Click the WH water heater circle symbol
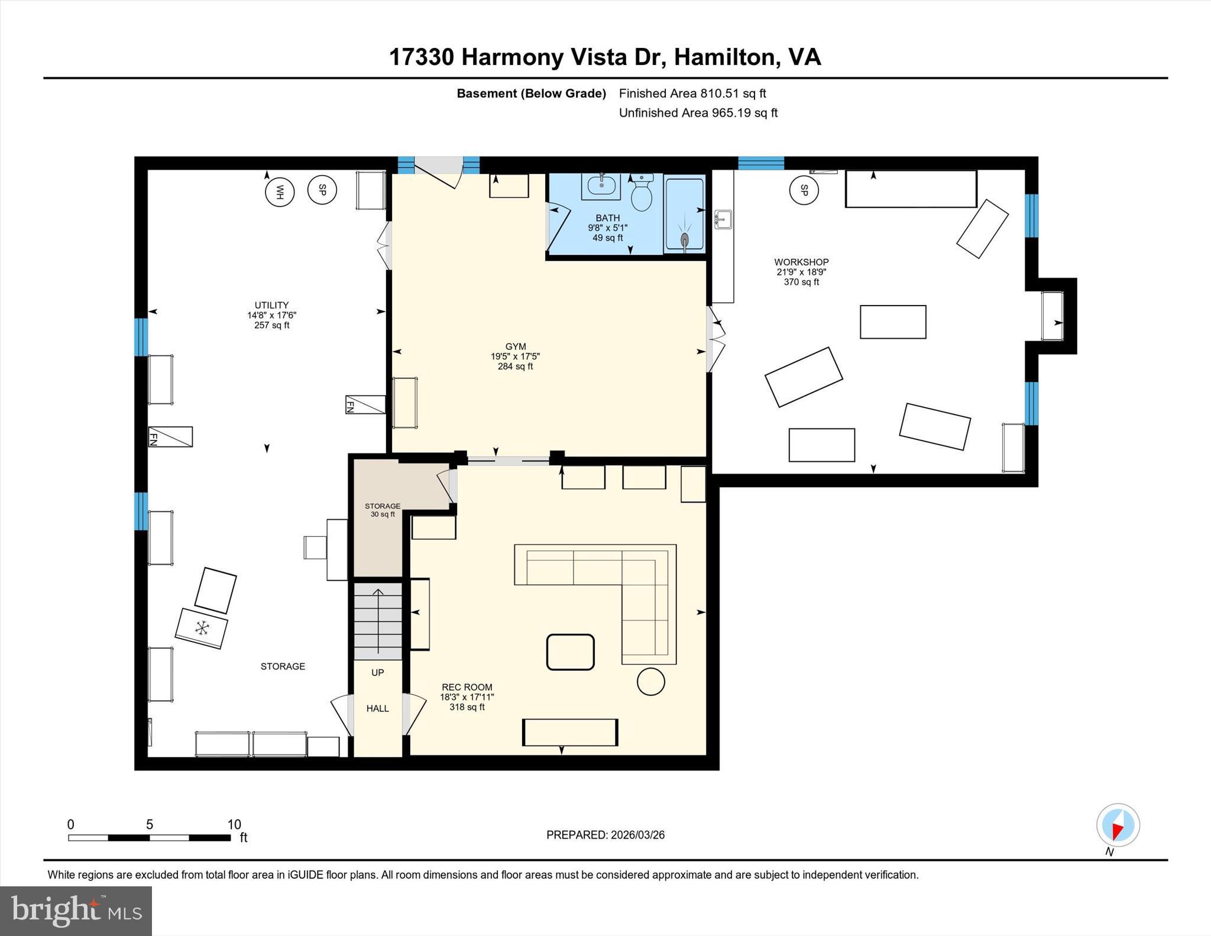point(280,192)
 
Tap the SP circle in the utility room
point(322,190)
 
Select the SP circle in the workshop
point(804,190)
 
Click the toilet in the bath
point(641,193)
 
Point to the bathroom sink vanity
point(601,187)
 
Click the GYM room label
point(515,347)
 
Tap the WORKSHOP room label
point(801,262)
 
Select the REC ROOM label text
point(467,687)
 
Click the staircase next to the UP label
point(378,621)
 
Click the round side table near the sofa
point(650,682)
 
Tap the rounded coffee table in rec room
point(570,652)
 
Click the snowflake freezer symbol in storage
point(202,628)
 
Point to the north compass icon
point(1118,825)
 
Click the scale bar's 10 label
point(234,824)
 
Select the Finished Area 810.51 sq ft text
point(692,93)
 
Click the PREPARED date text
point(605,835)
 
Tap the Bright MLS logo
point(76,911)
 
